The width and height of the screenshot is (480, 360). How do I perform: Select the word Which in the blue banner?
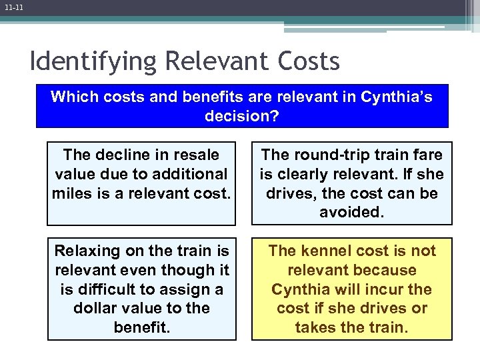tap(74, 97)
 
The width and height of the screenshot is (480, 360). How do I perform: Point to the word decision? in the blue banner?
tap(242, 116)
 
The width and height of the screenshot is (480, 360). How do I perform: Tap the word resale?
tap(196, 155)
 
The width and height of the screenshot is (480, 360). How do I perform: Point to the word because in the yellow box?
tap(389, 270)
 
